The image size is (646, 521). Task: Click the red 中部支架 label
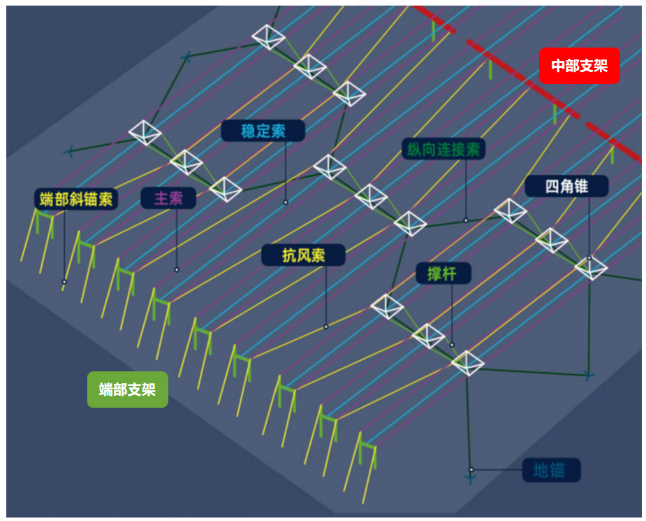coord(579,66)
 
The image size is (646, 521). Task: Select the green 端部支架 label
coord(127,390)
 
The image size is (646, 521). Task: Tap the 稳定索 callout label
coord(263,131)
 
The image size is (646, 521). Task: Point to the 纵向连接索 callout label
coord(443,149)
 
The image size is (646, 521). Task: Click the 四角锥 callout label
coord(566,186)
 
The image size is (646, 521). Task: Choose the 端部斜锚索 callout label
coord(76,199)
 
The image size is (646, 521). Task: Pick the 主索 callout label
coord(168,198)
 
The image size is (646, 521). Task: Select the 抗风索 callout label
coord(304,255)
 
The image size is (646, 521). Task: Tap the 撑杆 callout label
coord(443,273)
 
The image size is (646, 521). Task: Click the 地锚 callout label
coord(551,470)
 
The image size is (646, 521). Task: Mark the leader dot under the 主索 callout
coord(177,269)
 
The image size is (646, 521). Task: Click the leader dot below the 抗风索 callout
coord(326,327)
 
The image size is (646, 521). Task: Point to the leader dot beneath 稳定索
coord(285,202)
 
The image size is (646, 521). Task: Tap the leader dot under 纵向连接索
coord(466,220)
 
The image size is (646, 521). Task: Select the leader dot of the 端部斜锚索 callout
coord(64,282)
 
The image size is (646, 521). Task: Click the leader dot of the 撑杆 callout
coord(452,345)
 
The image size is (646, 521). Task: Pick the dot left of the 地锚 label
coord(471,469)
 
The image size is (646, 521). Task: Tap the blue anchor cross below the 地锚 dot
coord(470,479)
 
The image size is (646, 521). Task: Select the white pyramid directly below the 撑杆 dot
coord(467,363)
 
